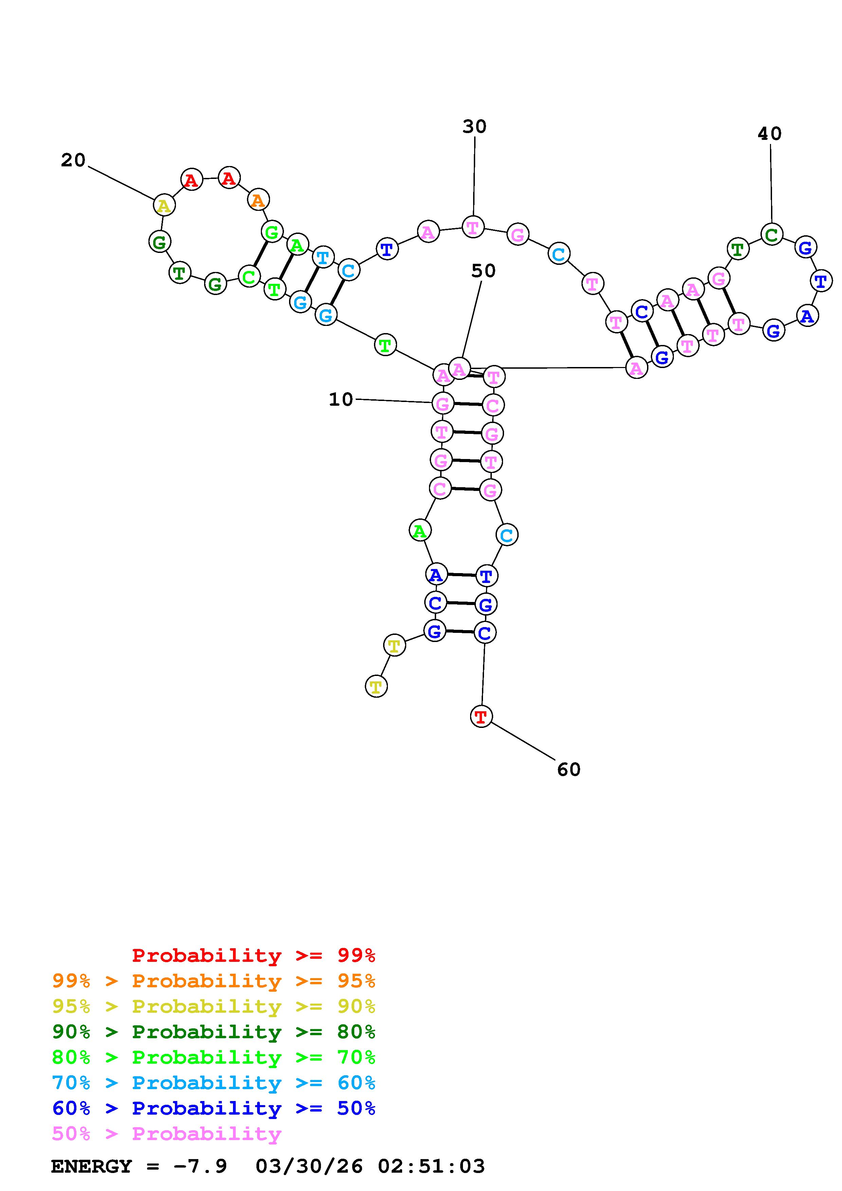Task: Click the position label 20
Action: [73, 160]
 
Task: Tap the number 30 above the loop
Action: [474, 127]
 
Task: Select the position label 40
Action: [769, 134]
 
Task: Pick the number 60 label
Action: [568, 769]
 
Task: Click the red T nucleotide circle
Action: [481, 716]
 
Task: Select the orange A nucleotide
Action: [258, 200]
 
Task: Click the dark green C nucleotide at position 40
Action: [771, 235]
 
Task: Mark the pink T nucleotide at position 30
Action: [472, 227]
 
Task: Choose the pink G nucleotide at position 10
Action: [443, 403]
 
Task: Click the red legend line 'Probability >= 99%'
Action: [254, 955]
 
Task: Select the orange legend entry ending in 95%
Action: [214, 981]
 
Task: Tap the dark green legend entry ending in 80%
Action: [214, 1032]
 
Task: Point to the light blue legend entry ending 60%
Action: [214, 1083]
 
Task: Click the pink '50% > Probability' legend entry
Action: [166, 1133]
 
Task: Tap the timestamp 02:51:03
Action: [431, 1166]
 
